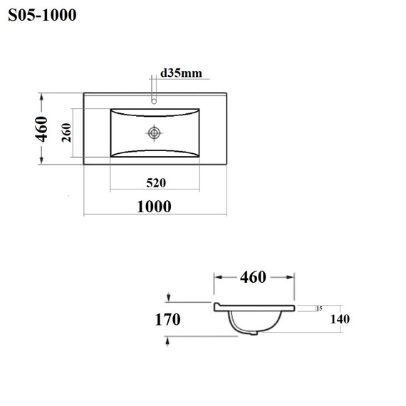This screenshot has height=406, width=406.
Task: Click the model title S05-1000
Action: tap(42, 15)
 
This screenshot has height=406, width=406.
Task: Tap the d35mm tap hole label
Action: tap(181, 73)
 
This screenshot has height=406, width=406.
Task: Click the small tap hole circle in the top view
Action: tap(154, 101)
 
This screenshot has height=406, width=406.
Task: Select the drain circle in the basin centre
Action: tap(154, 133)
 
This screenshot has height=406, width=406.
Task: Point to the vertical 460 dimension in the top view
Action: tap(41, 129)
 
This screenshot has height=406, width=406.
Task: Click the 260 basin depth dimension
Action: tap(66, 132)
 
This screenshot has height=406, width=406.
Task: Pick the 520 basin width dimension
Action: tap(156, 183)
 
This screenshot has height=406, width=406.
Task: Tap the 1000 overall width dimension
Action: tap(154, 207)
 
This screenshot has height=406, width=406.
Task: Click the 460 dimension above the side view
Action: tap(253, 277)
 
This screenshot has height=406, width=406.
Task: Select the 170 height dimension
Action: tap(167, 319)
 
